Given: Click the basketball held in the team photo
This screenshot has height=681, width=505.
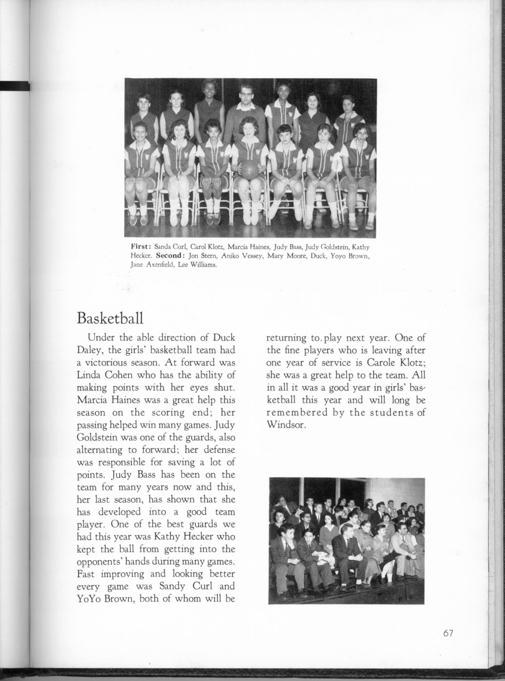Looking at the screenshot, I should pyautogui.click(x=249, y=169).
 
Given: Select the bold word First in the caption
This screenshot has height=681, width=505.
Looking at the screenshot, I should pyautogui.click(x=141, y=247).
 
